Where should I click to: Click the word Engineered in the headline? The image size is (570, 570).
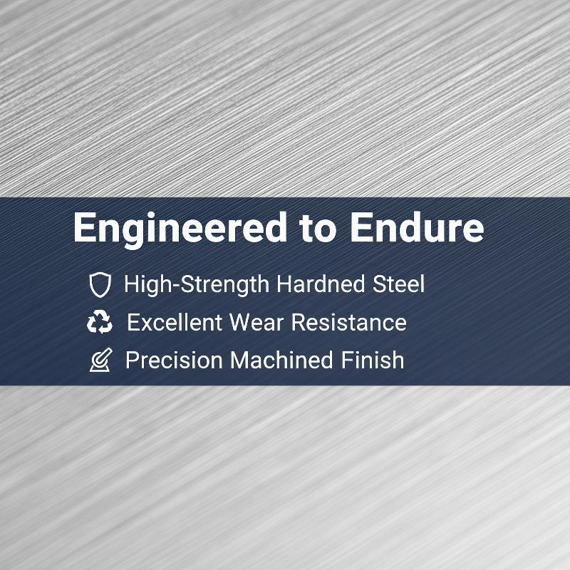[x=180, y=229]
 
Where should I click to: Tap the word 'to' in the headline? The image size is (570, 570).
[x=318, y=228]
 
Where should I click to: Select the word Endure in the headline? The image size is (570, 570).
[x=417, y=227]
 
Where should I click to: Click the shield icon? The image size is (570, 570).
[x=100, y=284]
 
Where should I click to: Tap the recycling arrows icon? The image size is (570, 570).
[x=100, y=322]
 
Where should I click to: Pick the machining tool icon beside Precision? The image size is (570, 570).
[x=100, y=360]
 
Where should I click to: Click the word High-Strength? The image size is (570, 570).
[x=197, y=284]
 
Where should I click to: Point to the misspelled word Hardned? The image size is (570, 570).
[x=320, y=284]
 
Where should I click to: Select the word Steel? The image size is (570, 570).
[x=398, y=284]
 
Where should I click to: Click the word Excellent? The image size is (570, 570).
[x=175, y=322]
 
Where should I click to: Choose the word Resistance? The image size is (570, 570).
[x=349, y=323]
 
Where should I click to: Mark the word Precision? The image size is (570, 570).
[x=174, y=361]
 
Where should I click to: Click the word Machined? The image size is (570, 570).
[x=281, y=361]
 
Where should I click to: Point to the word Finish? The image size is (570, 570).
[x=372, y=360]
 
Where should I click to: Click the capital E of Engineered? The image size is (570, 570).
[x=84, y=227]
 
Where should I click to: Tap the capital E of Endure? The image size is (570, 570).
[x=361, y=227]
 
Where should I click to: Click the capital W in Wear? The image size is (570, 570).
[x=242, y=323]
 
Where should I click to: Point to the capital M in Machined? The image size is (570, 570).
[x=240, y=361]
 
